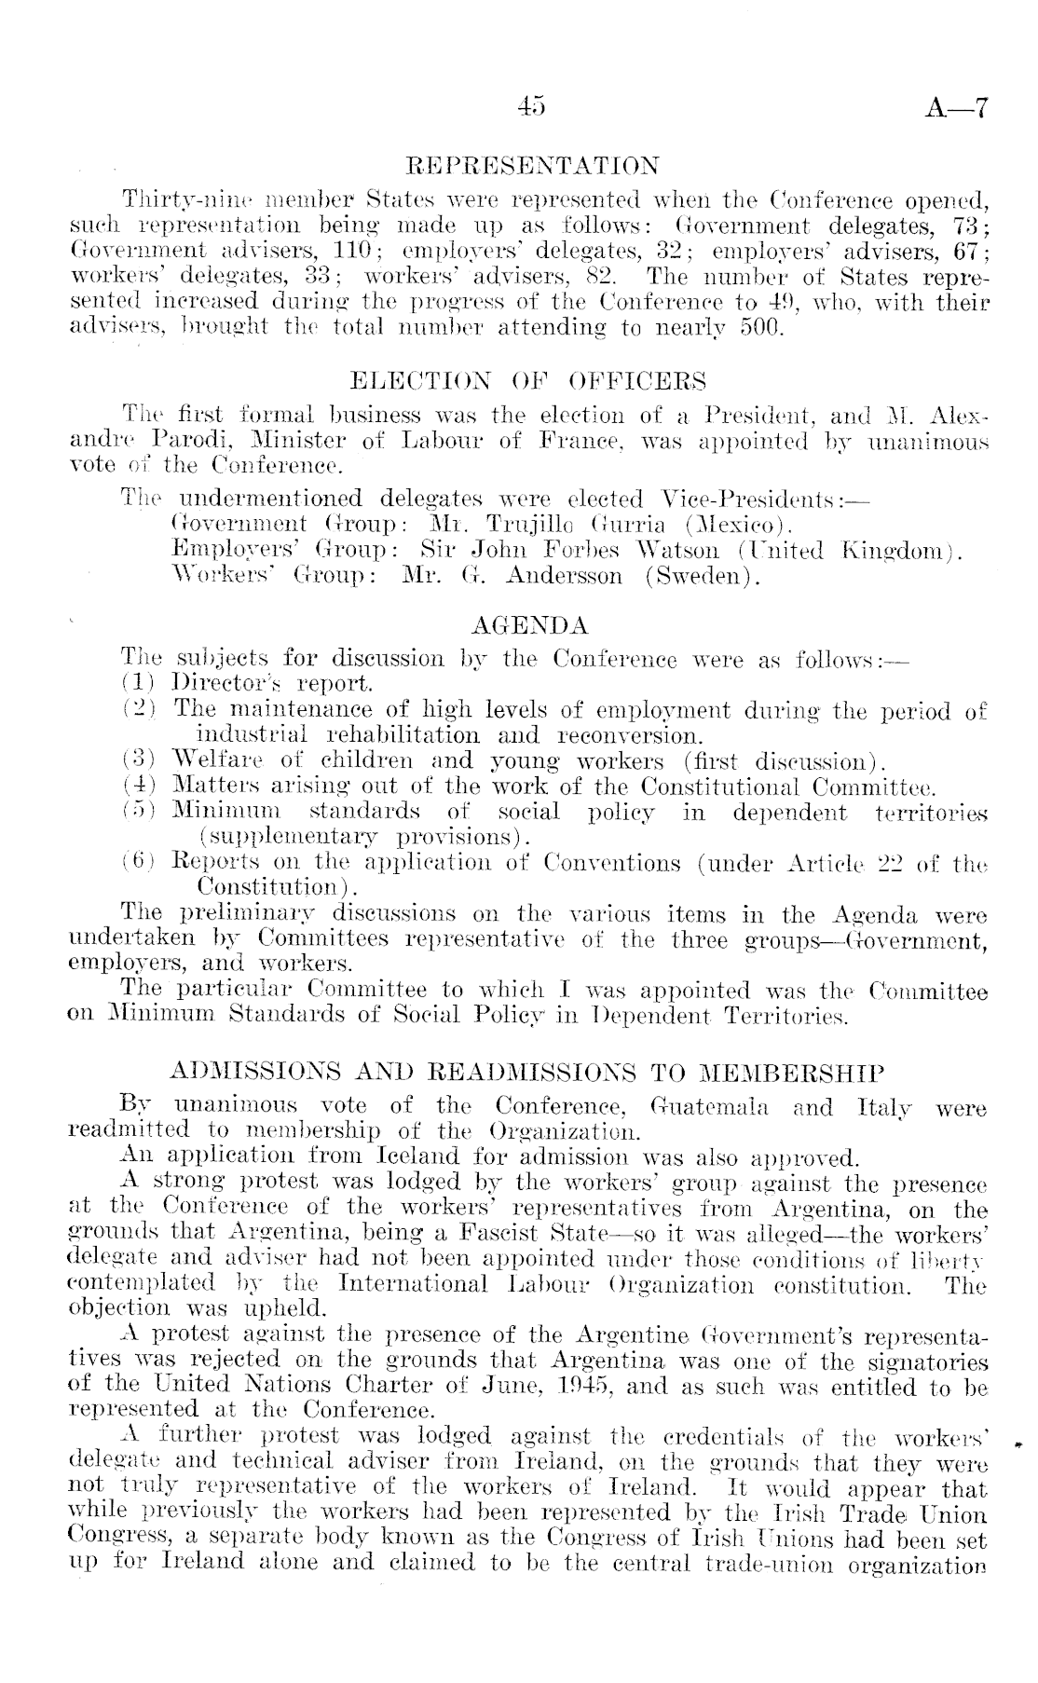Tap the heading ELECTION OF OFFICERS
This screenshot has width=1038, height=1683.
(527, 381)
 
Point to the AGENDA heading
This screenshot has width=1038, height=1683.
(531, 624)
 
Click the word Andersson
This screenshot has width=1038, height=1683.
(565, 577)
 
